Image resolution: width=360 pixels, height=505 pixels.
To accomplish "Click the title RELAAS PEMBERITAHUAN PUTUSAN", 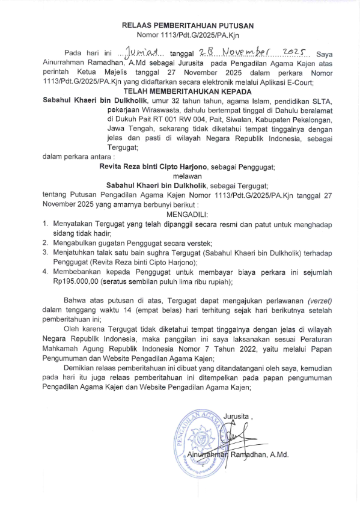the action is (188, 26).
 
